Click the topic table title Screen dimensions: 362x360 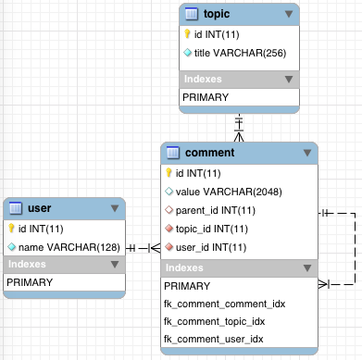pyautogui.click(x=217, y=14)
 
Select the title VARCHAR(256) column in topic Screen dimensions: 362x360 pyautogui.click(x=240, y=53)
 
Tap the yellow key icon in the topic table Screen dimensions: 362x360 pyautogui.click(x=187, y=34)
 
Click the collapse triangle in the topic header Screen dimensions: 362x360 pyautogui.click(x=289, y=14)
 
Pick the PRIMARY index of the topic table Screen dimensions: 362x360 pyautogui.click(x=206, y=97)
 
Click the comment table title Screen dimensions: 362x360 pyautogui.click(x=210, y=153)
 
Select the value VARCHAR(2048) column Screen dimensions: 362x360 pyautogui.click(x=229, y=192)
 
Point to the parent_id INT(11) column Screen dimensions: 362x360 pyautogui.click(x=216, y=210)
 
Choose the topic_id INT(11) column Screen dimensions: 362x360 pyautogui.click(x=212, y=229)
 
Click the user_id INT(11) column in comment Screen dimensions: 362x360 pyautogui.click(x=211, y=247)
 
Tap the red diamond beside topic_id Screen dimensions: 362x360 pyautogui.click(x=169, y=229)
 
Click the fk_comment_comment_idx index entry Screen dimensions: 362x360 pyautogui.click(x=225, y=304)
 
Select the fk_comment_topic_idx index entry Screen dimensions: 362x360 pyautogui.click(x=215, y=322)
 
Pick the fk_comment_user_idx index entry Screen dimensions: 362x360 pyautogui.click(x=214, y=340)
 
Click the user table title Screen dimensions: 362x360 pyautogui.click(x=40, y=208)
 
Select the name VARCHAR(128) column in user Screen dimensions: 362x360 pyautogui.click(x=69, y=247)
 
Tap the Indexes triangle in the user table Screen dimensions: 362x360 pyautogui.click(x=115, y=265)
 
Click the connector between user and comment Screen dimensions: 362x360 pyautogui.click(x=144, y=248)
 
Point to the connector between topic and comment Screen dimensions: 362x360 pyautogui.click(x=239, y=128)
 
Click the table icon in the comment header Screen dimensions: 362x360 pyautogui.click(x=173, y=153)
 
